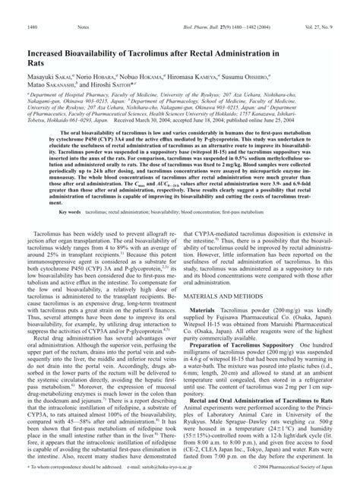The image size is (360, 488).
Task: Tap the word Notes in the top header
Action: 82,7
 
